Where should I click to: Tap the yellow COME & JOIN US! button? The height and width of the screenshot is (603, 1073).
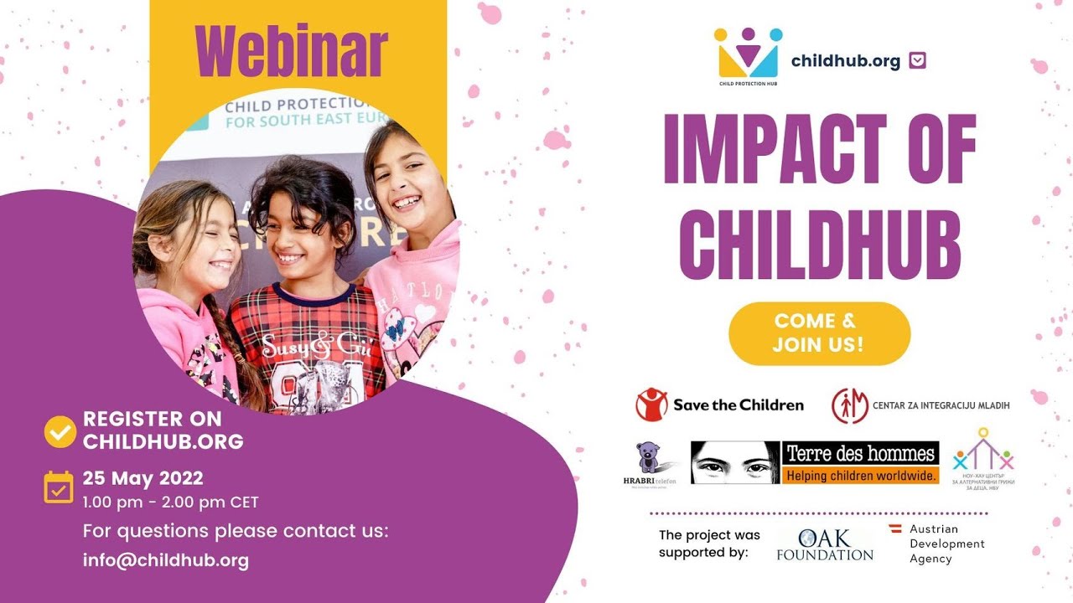[819, 332]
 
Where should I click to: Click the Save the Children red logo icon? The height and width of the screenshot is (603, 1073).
[651, 405]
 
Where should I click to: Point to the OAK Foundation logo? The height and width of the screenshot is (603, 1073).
[825, 544]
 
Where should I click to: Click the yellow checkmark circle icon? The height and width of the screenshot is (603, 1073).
[60, 430]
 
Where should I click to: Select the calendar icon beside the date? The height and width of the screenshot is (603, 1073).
[59, 487]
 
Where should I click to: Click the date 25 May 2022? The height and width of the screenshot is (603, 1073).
[143, 479]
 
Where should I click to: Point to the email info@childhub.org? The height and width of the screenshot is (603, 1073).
[165, 560]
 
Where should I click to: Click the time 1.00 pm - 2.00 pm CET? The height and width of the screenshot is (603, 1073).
[170, 502]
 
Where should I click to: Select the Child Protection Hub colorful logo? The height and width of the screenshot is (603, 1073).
[748, 54]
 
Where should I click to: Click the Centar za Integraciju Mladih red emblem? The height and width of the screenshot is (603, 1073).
[849, 405]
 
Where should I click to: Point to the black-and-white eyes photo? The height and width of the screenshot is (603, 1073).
[735, 461]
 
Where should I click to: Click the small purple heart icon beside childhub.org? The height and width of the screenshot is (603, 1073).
[917, 60]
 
